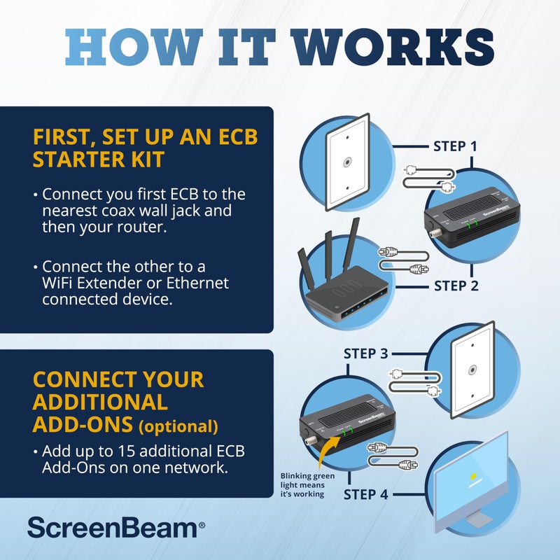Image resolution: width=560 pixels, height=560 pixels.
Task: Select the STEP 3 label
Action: (x=365, y=353)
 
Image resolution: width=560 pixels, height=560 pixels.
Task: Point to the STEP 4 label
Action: (x=365, y=495)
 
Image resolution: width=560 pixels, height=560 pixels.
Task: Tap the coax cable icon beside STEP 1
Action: (x=428, y=177)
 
